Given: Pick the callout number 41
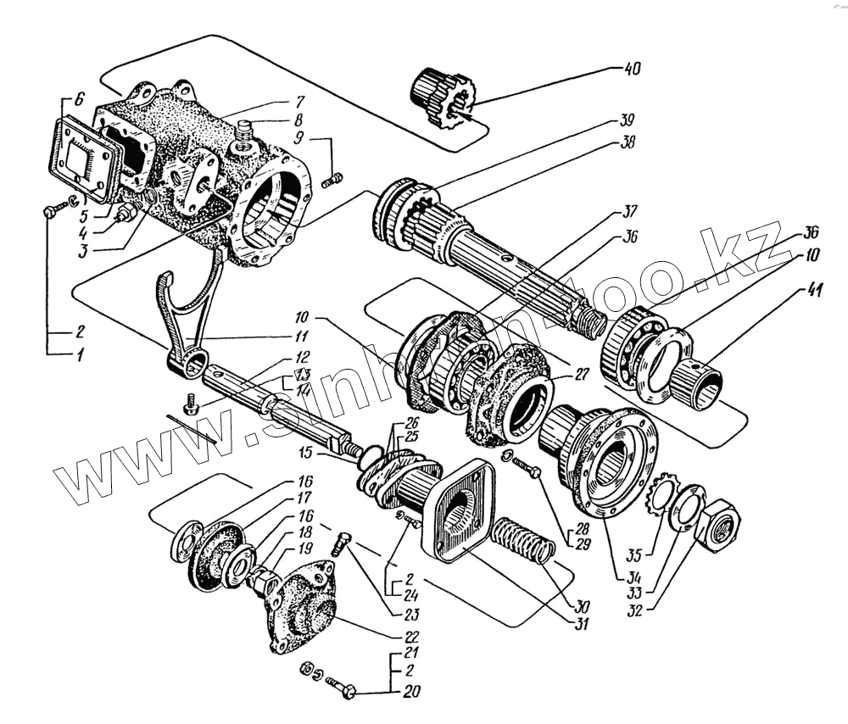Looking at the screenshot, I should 814,292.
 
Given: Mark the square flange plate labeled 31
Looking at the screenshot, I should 463,509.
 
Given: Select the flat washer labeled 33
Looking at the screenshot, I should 687,508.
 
